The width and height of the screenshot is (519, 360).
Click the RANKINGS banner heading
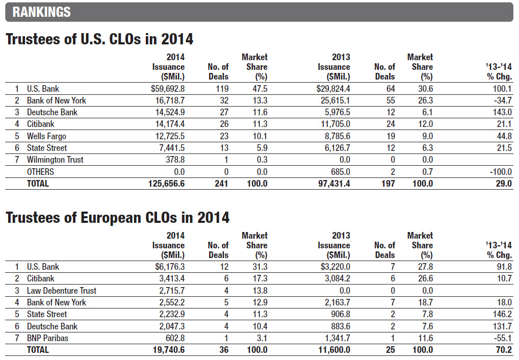coord(42,12)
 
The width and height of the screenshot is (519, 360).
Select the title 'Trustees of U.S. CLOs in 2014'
coord(99,39)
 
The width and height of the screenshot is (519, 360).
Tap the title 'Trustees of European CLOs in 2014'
coord(117,218)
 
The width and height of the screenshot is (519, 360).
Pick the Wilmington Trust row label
coord(55,160)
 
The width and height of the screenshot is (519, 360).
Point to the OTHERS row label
coord(40,172)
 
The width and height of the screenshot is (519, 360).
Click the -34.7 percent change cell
coord(502,100)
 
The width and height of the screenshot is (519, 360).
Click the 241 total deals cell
coord(220,184)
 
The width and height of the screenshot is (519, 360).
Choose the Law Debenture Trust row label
coord(62,291)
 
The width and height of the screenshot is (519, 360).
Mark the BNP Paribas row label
coord(48,338)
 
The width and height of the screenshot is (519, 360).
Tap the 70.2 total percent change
coord(504,350)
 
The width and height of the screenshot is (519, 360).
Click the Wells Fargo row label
coord(46,136)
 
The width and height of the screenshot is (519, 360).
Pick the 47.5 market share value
coord(259,89)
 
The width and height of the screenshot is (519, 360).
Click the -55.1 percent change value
coord(502,338)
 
